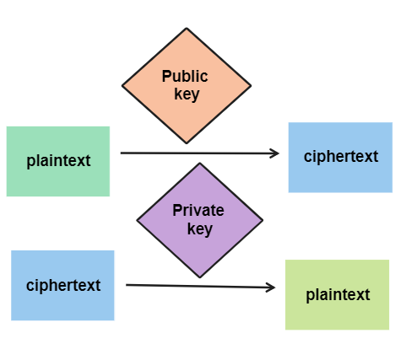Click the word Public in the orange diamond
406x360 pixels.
coord(185,76)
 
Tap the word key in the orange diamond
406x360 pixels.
coord(187,94)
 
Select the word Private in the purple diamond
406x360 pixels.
coord(198,210)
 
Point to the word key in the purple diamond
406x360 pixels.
coord(200,229)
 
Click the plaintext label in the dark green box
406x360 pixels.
coord(58,161)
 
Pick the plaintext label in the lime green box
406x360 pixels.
coord(338,295)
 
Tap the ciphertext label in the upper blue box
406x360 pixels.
coord(341,156)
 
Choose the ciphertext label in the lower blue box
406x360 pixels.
coord(63,286)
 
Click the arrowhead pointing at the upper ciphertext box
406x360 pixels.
coord(274,153)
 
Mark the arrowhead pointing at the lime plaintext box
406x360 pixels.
coord(271,287)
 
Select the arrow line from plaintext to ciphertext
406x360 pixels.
coord(200,153)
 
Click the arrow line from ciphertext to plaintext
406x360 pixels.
coord(201,286)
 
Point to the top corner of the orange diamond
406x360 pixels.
coord(187,28)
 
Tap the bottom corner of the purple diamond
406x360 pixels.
coord(200,277)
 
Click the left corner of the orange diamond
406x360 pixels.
coord(122,86)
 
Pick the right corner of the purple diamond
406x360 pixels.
coord(263,220)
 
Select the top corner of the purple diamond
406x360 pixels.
coord(200,163)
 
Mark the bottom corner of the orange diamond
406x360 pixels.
coord(187,143)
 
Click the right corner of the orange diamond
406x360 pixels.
coord(251,86)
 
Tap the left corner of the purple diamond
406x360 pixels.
coord(137,220)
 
